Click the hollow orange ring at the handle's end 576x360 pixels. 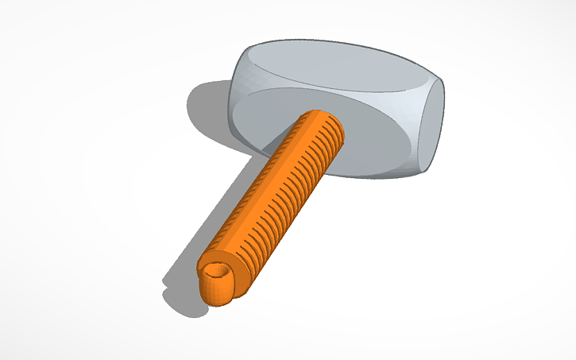pyautogui.click(x=216, y=282)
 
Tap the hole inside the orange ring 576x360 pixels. pyautogui.click(x=215, y=275)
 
